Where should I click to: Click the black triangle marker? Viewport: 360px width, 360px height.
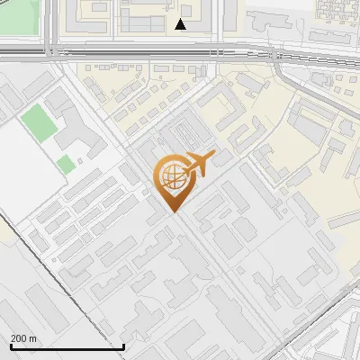pyautogui.click(x=181, y=24)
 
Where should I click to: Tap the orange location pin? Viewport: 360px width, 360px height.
pyautogui.click(x=174, y=180)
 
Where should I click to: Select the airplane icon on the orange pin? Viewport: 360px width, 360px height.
pyautogui.click(x=200, y=163)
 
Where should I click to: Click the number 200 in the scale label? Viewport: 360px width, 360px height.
pyautogui.click(x=19, y=338)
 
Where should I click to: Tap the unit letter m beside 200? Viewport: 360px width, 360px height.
pyautogui.click(x=33, y=338)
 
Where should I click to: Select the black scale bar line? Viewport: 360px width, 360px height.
pyautogui.click(x=67, y=346)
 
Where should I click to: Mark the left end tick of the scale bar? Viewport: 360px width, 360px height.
pyautogui.click(x=11, y=344)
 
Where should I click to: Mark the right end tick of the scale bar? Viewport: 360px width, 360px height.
pyautogui.click(x=123, y=344)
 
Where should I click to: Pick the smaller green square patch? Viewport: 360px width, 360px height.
pyautogui.click(x=65, y=164)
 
